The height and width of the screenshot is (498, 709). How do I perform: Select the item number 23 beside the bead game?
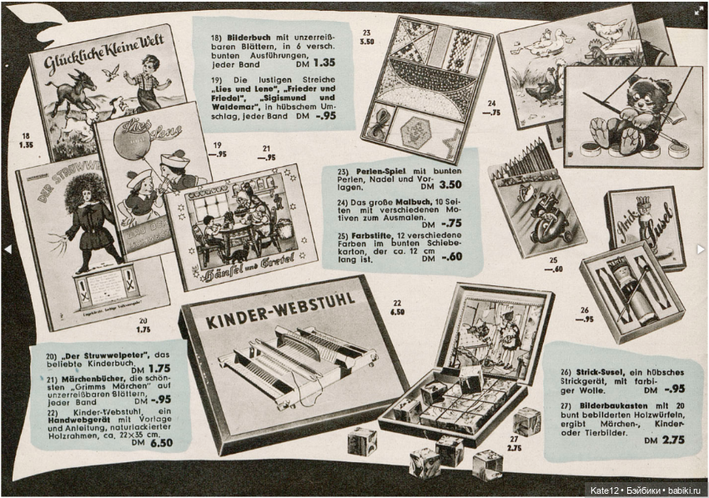tap(366, 33)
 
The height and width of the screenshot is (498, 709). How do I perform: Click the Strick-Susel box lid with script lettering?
tap(645, 226)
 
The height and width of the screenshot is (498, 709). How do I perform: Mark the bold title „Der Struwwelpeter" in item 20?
tap(95, 357)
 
